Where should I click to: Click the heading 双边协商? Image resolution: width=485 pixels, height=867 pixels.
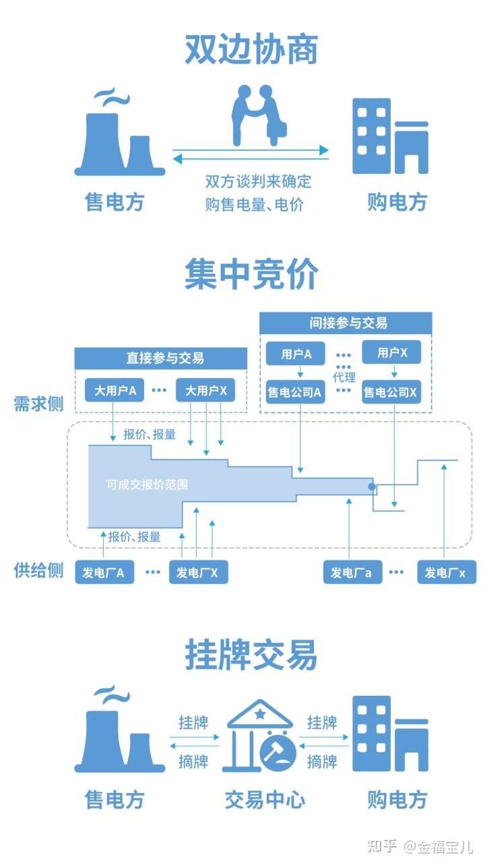[x=251, y=51]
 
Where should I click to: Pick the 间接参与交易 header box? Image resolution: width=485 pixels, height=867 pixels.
[x=345, y=323]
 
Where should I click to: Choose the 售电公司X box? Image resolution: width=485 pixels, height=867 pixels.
[x=390, y=391]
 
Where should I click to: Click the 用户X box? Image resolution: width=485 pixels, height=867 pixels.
[x=391, y=353]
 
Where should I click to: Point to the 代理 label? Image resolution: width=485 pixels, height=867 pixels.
[x=344, y=377]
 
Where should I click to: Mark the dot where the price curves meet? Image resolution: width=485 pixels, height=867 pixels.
[x=371, y=486]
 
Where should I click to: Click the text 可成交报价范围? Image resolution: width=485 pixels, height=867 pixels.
[x=147, y=484]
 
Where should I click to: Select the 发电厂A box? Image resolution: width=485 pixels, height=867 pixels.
[x=104, y=573]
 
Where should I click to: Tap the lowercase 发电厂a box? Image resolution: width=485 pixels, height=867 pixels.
[x=351, y=573]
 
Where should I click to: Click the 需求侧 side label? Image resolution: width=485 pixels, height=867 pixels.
[x=38, y=404]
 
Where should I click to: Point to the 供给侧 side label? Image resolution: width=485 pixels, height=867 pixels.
[x=38, y=570]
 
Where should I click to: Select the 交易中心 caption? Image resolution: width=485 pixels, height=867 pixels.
[x=265, y=800]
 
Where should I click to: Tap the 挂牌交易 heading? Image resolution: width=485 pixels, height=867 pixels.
[x=251, y=654]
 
